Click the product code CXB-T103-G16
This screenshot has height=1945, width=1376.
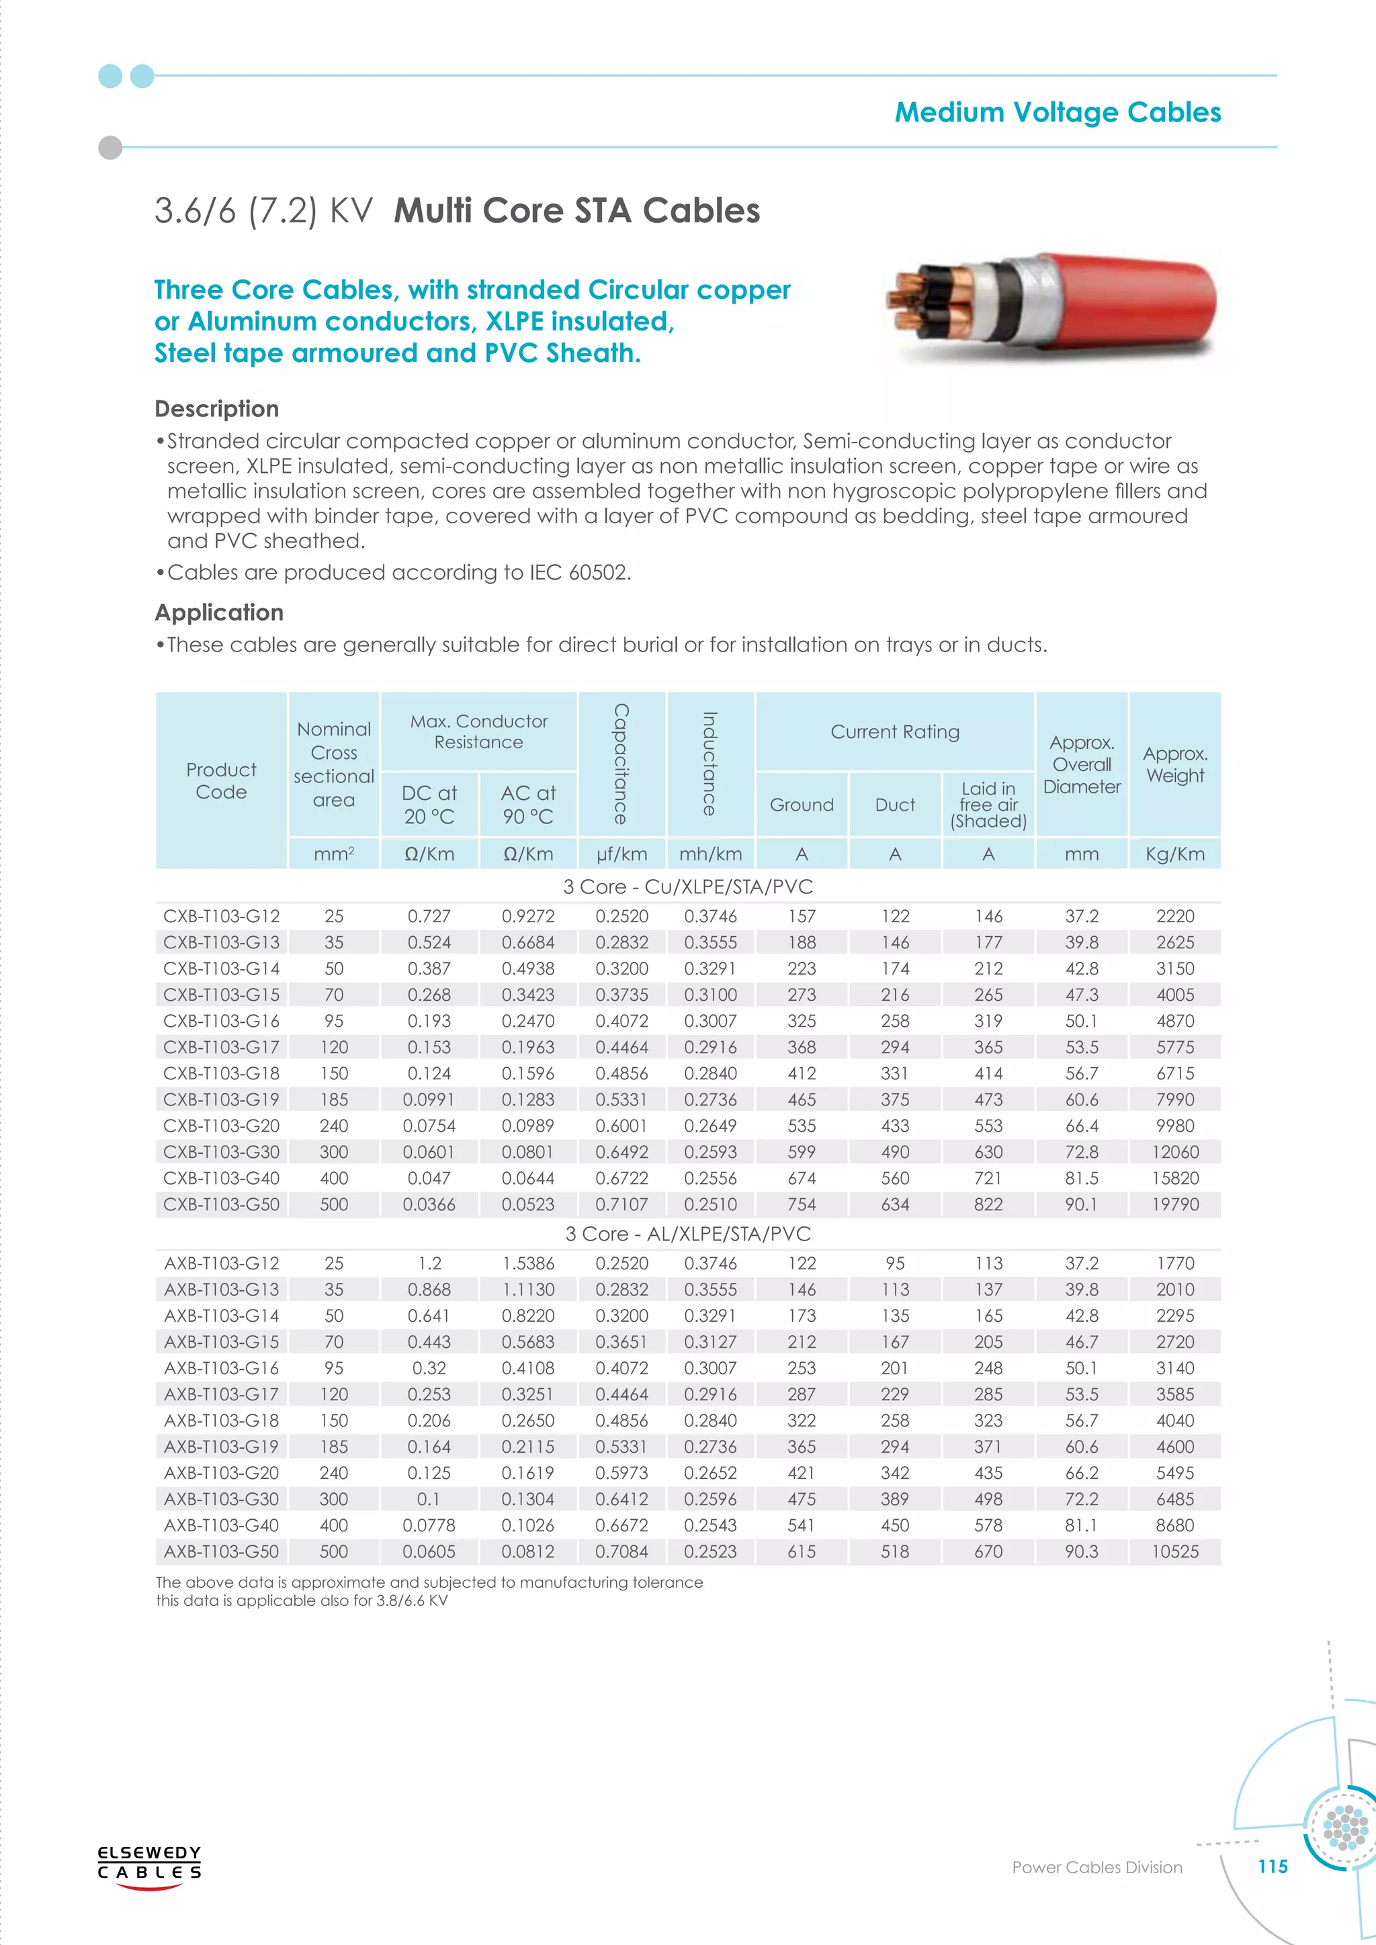(x=221, y=1021)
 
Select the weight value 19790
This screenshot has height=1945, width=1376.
(x=1175, y=1204)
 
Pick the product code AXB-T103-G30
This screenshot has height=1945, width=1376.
(x=221, y=1498)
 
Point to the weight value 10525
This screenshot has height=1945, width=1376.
(x=1175, y=1551)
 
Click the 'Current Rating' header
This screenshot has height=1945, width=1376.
(x=895, y=731)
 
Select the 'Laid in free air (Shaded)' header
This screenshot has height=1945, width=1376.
(x=988, y=805)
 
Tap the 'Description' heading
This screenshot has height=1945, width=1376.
(x=217, y=408)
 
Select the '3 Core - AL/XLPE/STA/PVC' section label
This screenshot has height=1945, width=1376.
(x=687, y=1233)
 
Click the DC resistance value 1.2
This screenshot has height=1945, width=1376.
(x=429, y=1263)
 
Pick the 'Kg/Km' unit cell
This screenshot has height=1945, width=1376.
(x=1175, y=854)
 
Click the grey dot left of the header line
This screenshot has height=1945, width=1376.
(x=110, y=147)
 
